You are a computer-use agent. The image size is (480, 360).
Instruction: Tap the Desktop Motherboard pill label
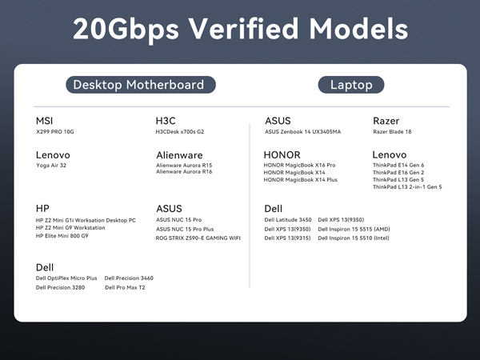138,85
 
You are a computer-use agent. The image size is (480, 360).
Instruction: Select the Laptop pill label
351,85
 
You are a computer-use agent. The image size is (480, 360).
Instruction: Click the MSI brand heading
45,121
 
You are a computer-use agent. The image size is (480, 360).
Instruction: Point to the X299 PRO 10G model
60,132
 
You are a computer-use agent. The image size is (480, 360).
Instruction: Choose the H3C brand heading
166,121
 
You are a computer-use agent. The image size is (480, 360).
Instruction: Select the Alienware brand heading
179,155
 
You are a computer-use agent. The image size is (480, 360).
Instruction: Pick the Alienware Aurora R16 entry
184,172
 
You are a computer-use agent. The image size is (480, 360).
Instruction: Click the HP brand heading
43,208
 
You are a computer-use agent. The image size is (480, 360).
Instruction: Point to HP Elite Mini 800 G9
74,236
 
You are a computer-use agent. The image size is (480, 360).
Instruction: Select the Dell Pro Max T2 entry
125,286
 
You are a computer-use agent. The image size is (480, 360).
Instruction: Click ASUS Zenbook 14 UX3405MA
302,132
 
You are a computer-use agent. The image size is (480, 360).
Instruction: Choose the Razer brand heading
386,121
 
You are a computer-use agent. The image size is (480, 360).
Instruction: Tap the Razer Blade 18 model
392,132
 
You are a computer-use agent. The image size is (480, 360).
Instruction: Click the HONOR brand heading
282,155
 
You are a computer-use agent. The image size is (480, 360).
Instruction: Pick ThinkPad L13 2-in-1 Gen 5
407,187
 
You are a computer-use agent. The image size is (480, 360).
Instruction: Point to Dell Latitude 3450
288,219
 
